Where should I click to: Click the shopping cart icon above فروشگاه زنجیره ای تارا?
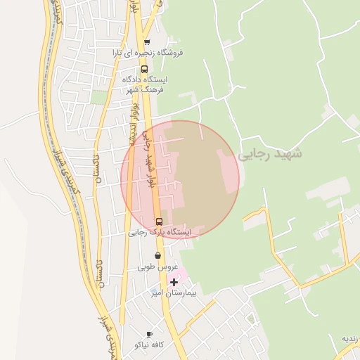[147, 42]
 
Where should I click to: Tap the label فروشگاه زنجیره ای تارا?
[150, 53]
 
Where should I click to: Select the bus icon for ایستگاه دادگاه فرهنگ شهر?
[144, 70]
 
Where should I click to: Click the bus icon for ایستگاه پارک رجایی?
[158, 221]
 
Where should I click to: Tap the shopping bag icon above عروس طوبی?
[157, 256]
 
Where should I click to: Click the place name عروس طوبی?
[155, 267]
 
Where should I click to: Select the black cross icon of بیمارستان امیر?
[174, 281]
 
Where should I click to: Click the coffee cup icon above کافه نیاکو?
[148, 334]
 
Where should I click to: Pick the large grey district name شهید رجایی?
[270, 153]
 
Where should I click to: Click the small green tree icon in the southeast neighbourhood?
[251, 319]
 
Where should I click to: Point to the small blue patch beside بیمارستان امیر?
[155, 290]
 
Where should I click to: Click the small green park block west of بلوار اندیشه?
[99, 97]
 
